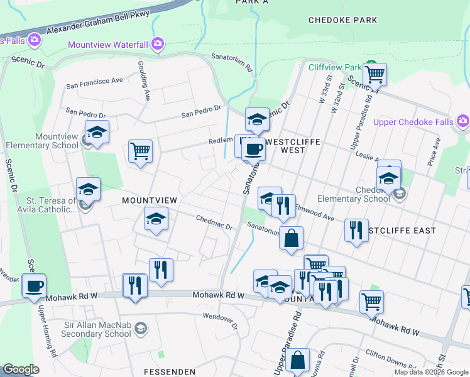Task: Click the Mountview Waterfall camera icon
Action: click(x=157, y=44)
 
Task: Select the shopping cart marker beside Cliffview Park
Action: click(x=374, y=74)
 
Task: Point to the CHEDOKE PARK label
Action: click(x=342, y=20)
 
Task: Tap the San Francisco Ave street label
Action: click(x=95, y=82)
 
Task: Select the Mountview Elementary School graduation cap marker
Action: click(x=97, y=132)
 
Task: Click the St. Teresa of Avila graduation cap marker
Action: click(x=88, y=188)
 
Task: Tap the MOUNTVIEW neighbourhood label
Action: click(x=149, y=200)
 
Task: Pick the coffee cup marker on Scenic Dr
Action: click(x=33, y=286)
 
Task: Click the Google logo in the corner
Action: click(x=21, y=369)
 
